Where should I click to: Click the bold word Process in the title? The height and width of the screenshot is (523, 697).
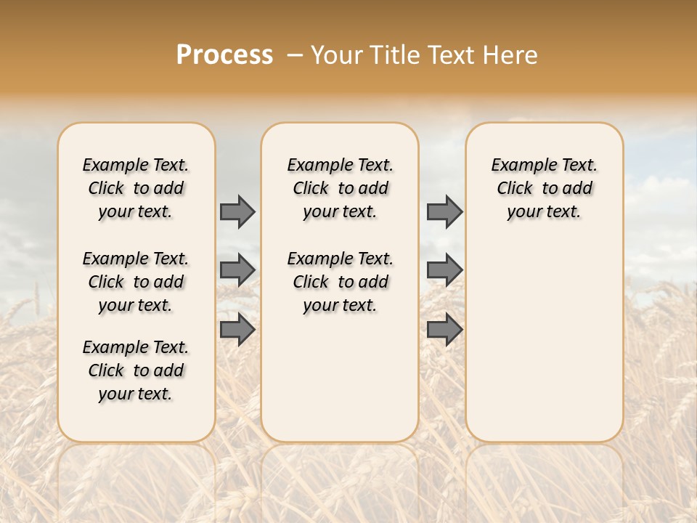tap(224, 55)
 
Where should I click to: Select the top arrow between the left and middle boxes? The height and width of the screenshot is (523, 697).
tap(237, 211)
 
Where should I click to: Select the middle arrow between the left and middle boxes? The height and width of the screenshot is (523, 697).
tap(237, 270)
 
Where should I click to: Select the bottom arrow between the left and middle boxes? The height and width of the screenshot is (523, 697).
tap(237, 330)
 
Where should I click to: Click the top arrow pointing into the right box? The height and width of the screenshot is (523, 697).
tap(444, 211)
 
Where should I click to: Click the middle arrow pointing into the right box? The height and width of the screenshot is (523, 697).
tap(444, 270)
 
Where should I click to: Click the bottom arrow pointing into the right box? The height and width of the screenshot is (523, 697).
tap(444, 330)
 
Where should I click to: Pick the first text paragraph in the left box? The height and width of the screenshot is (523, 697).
tap(136, 188)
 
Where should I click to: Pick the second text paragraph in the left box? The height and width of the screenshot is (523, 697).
tap(136, 282)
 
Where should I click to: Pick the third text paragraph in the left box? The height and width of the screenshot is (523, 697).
tap(136, 370)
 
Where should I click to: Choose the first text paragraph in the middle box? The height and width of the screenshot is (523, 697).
tap(340, 188)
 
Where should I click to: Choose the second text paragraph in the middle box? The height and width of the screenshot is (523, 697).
tap(340, 282)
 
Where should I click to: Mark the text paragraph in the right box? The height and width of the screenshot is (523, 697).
tap(544, 188)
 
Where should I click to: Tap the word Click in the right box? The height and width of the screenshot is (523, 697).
tap(515, 189)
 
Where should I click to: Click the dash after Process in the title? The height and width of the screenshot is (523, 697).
tap(295, 55)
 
